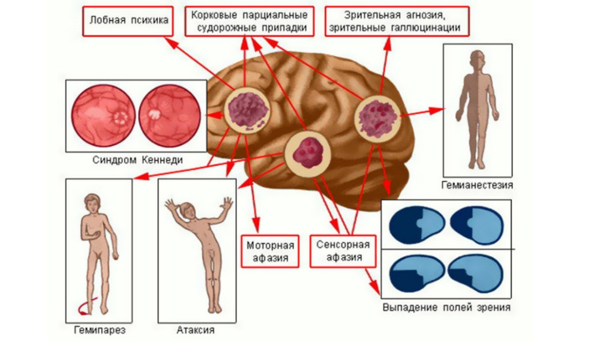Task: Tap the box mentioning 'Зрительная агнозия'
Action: pyautogui.click(x=397, y=21)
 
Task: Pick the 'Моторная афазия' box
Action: pyautogui.click(x=271, y=251)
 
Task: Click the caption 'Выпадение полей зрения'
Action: pyautogui.click(x=446, y=308)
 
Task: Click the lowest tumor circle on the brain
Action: pyautogui.click(x=307, y=154)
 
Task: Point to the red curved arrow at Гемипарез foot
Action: pyautogui.click(x=79, y=309)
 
